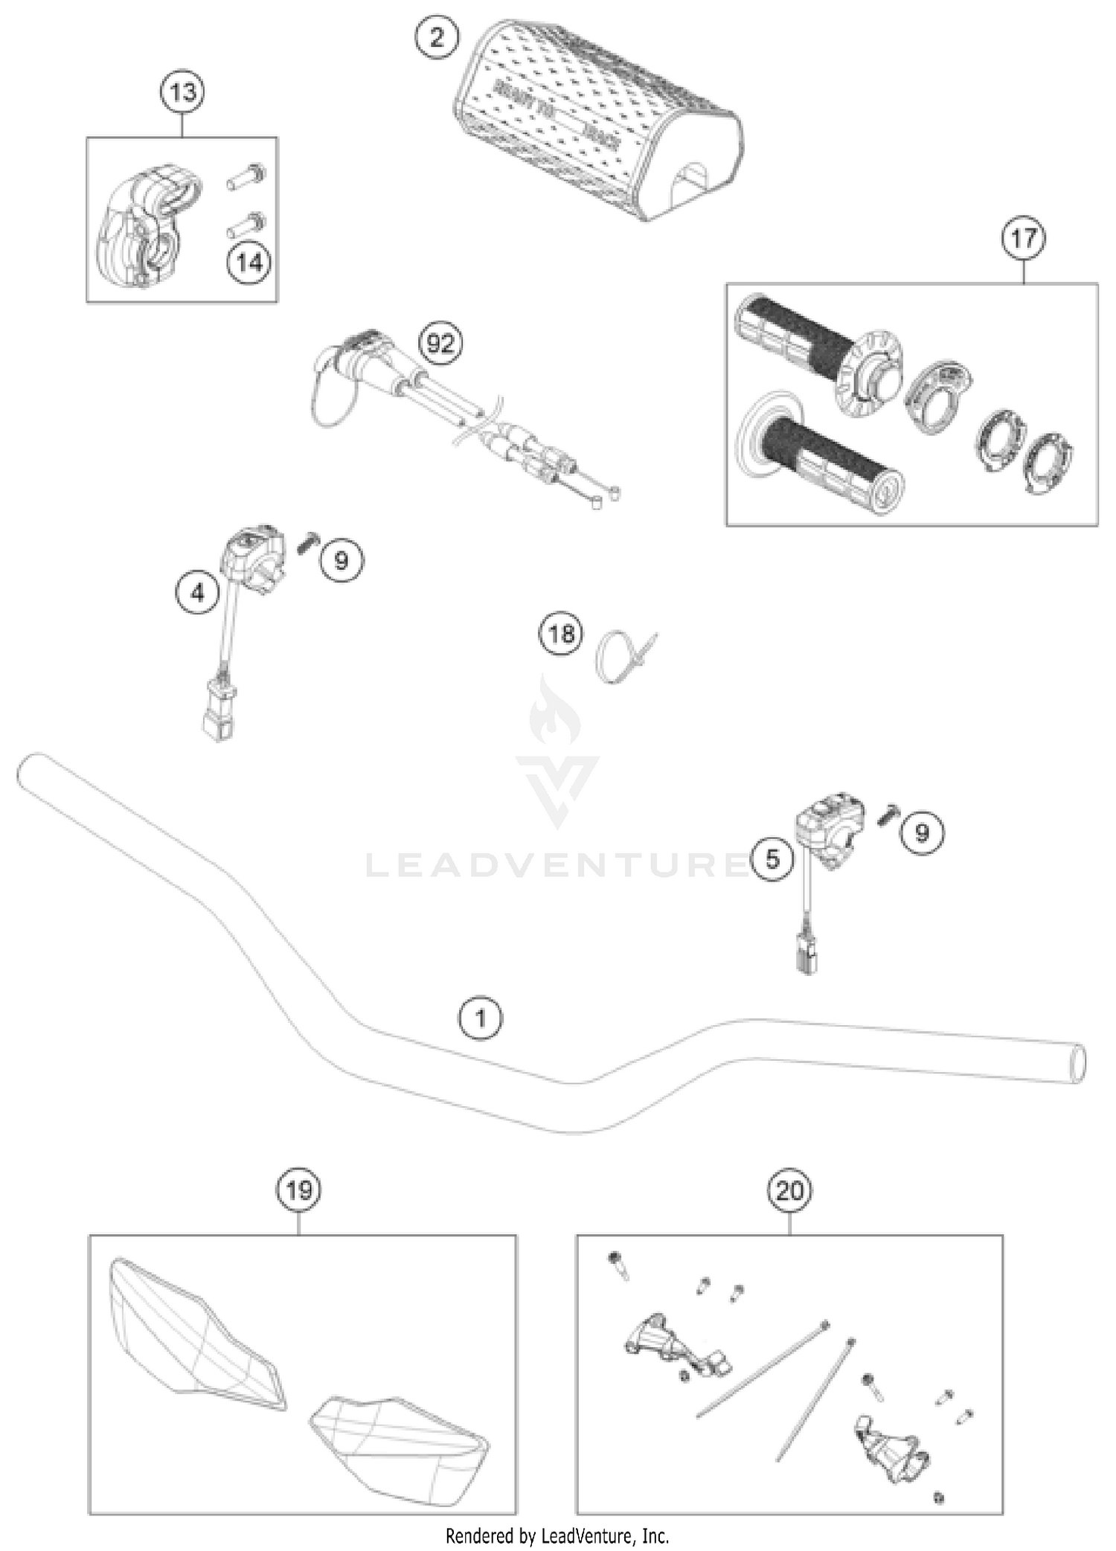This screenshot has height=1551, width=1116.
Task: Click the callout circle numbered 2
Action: [x=437, y=37]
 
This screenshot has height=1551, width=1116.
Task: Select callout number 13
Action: [x=183, y=93]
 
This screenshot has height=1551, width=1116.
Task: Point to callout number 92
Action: [x=440, y=344]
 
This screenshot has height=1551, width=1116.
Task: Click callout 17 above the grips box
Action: [x=1024, y=239]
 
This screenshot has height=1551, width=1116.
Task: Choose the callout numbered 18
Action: [x=561, y=634]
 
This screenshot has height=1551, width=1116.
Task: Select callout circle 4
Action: [x=198, y=593]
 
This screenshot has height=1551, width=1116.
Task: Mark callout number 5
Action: [x=772, y=859]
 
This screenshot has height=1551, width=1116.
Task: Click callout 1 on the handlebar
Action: [x=481, y=1018]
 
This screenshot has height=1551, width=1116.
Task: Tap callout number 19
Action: [x=299, y=1190]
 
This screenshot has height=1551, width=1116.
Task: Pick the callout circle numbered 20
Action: [x=789, y=1191]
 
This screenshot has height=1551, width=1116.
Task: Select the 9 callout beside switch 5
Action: [x=922, y=832]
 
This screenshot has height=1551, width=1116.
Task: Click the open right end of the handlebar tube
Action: [x=1077, y=1063]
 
